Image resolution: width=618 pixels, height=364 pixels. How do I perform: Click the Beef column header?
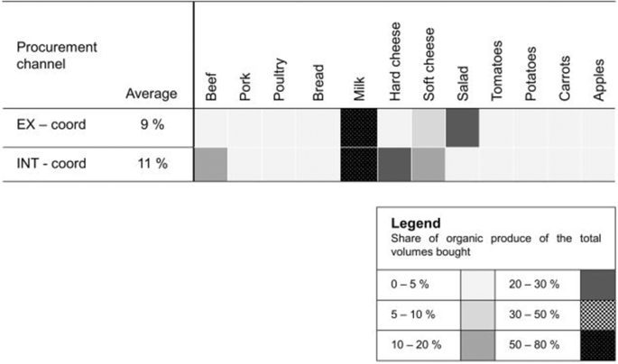(x=212, y=85)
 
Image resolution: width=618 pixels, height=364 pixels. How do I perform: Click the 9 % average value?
(x=151, y=125)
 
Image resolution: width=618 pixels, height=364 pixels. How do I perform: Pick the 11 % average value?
(x=151, y=164)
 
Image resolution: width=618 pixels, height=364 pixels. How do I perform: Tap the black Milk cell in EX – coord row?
(x=358, y=126)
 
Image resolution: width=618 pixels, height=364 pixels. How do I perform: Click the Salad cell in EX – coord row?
(x=461, y=126)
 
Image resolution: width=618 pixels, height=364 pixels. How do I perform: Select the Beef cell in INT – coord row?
(x=211, y=164)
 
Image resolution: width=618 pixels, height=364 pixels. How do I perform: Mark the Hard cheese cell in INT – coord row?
(x=394, y=164)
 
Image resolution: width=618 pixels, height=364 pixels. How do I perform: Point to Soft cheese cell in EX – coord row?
(x=429, y=126)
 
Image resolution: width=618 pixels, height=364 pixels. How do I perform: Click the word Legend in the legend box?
(x=415, y=223)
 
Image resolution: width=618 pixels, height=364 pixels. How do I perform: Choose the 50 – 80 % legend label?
(x=540, y=343)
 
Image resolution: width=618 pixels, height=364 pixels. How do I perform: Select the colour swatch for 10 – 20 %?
(x=479, y=343)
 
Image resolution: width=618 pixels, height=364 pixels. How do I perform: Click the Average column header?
(x=152, y=93)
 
